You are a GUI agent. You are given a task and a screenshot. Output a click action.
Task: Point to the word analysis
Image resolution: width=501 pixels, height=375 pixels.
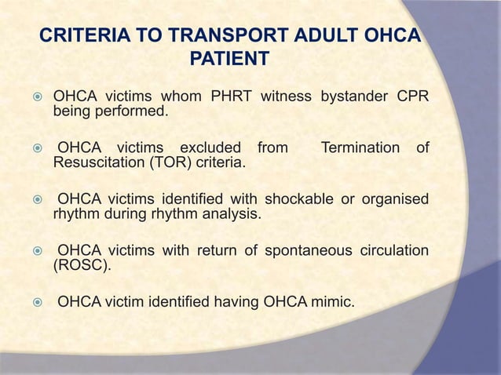click(x=232, y=212)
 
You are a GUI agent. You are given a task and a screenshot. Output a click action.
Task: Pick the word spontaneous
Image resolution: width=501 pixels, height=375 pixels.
click(x=298, y=251)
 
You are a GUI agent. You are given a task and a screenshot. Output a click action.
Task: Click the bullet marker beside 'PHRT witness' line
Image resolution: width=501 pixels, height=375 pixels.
click(x=35, y=99)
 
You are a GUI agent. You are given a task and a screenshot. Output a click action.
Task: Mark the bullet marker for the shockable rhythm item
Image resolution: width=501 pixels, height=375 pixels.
click(x=35, y=196)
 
